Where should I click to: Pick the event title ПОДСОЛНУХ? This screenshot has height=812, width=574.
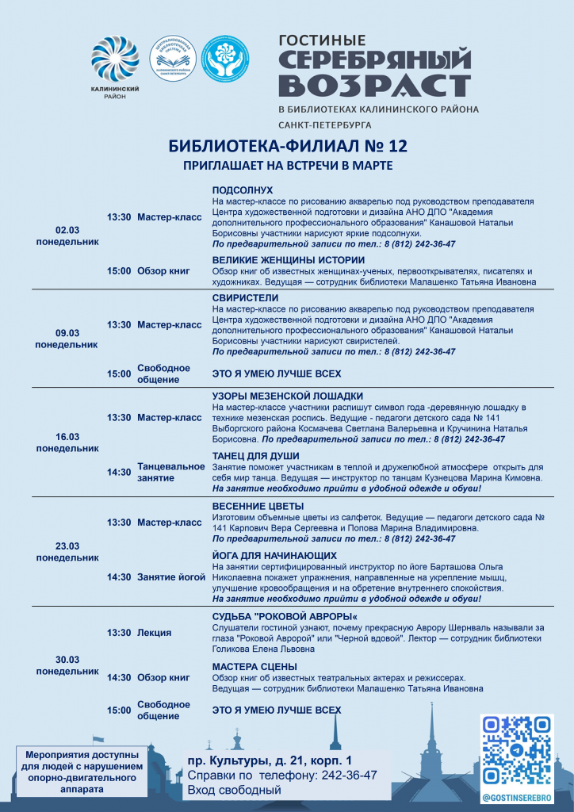(243, 190)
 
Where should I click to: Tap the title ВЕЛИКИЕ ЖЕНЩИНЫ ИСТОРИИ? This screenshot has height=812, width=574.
(287, 260)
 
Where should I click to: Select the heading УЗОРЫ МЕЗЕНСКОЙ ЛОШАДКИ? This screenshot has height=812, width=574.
(288, 396)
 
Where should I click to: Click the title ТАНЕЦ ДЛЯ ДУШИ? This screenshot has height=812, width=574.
(256, 456)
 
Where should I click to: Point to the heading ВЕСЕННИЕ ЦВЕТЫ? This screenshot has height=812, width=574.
(258, 506)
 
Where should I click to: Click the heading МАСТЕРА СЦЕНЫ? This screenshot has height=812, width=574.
(254, 666)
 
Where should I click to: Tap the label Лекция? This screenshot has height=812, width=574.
(154, 633)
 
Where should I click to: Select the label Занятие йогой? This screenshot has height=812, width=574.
(171, 577)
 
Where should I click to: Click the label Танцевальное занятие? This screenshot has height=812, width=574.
(170, 472)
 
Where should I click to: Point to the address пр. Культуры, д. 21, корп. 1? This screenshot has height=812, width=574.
(270, 760)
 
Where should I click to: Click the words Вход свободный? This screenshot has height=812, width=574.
(234, 790)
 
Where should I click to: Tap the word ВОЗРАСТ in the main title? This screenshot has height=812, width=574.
(375, 85)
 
